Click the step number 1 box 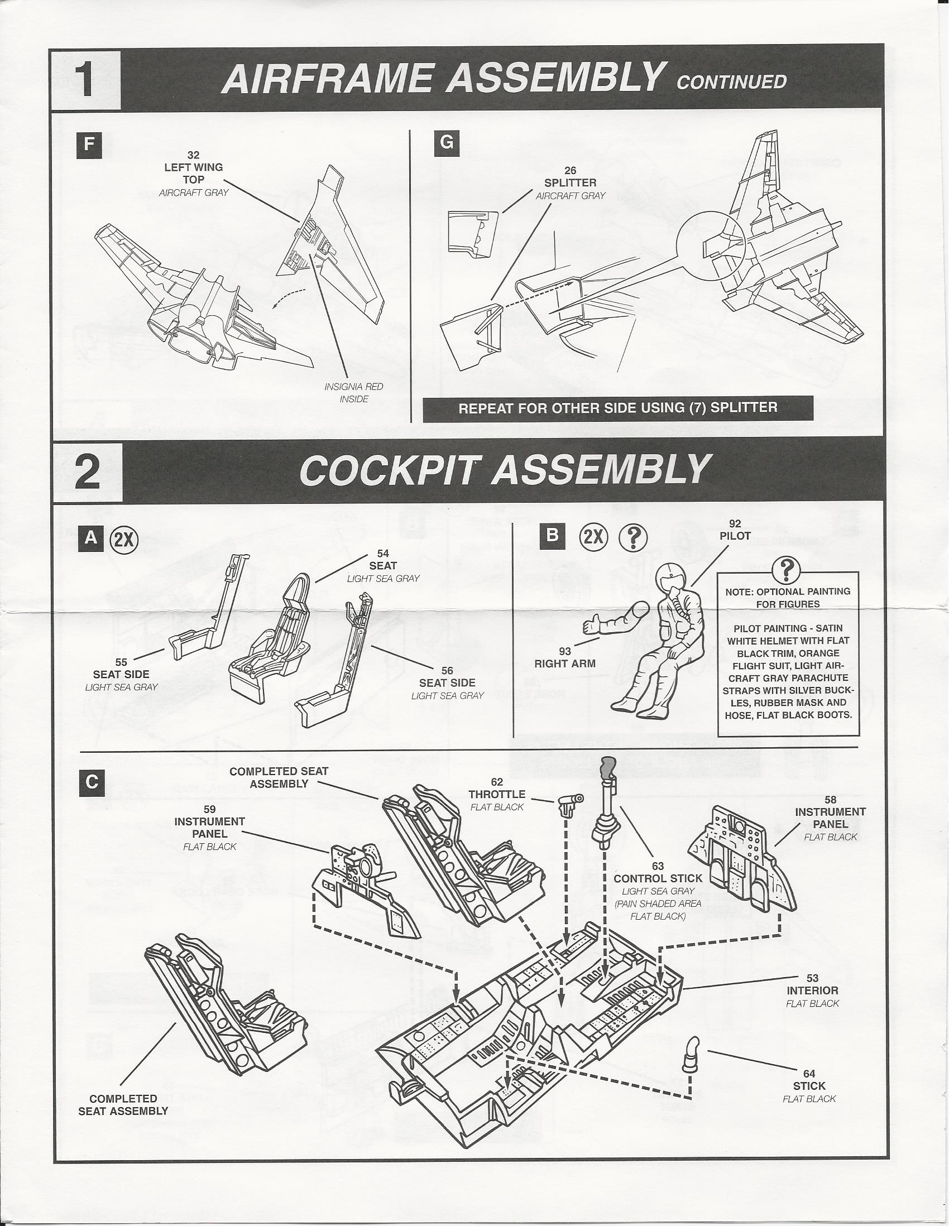86,79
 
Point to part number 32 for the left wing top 193,155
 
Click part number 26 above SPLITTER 570,171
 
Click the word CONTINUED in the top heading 731,82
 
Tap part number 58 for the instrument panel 830,799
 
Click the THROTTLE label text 497,794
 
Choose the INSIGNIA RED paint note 353,387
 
